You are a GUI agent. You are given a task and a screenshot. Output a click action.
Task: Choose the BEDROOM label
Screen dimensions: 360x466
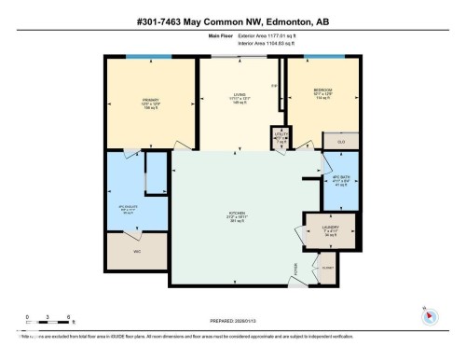pyautogui.click(x=323, y=90)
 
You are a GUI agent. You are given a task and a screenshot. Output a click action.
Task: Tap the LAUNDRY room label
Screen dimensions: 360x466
pyautogui.click(x=330, y=227)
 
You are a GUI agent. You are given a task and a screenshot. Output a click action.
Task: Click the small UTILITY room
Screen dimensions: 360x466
pyautogui.click(x=280, y=137)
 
